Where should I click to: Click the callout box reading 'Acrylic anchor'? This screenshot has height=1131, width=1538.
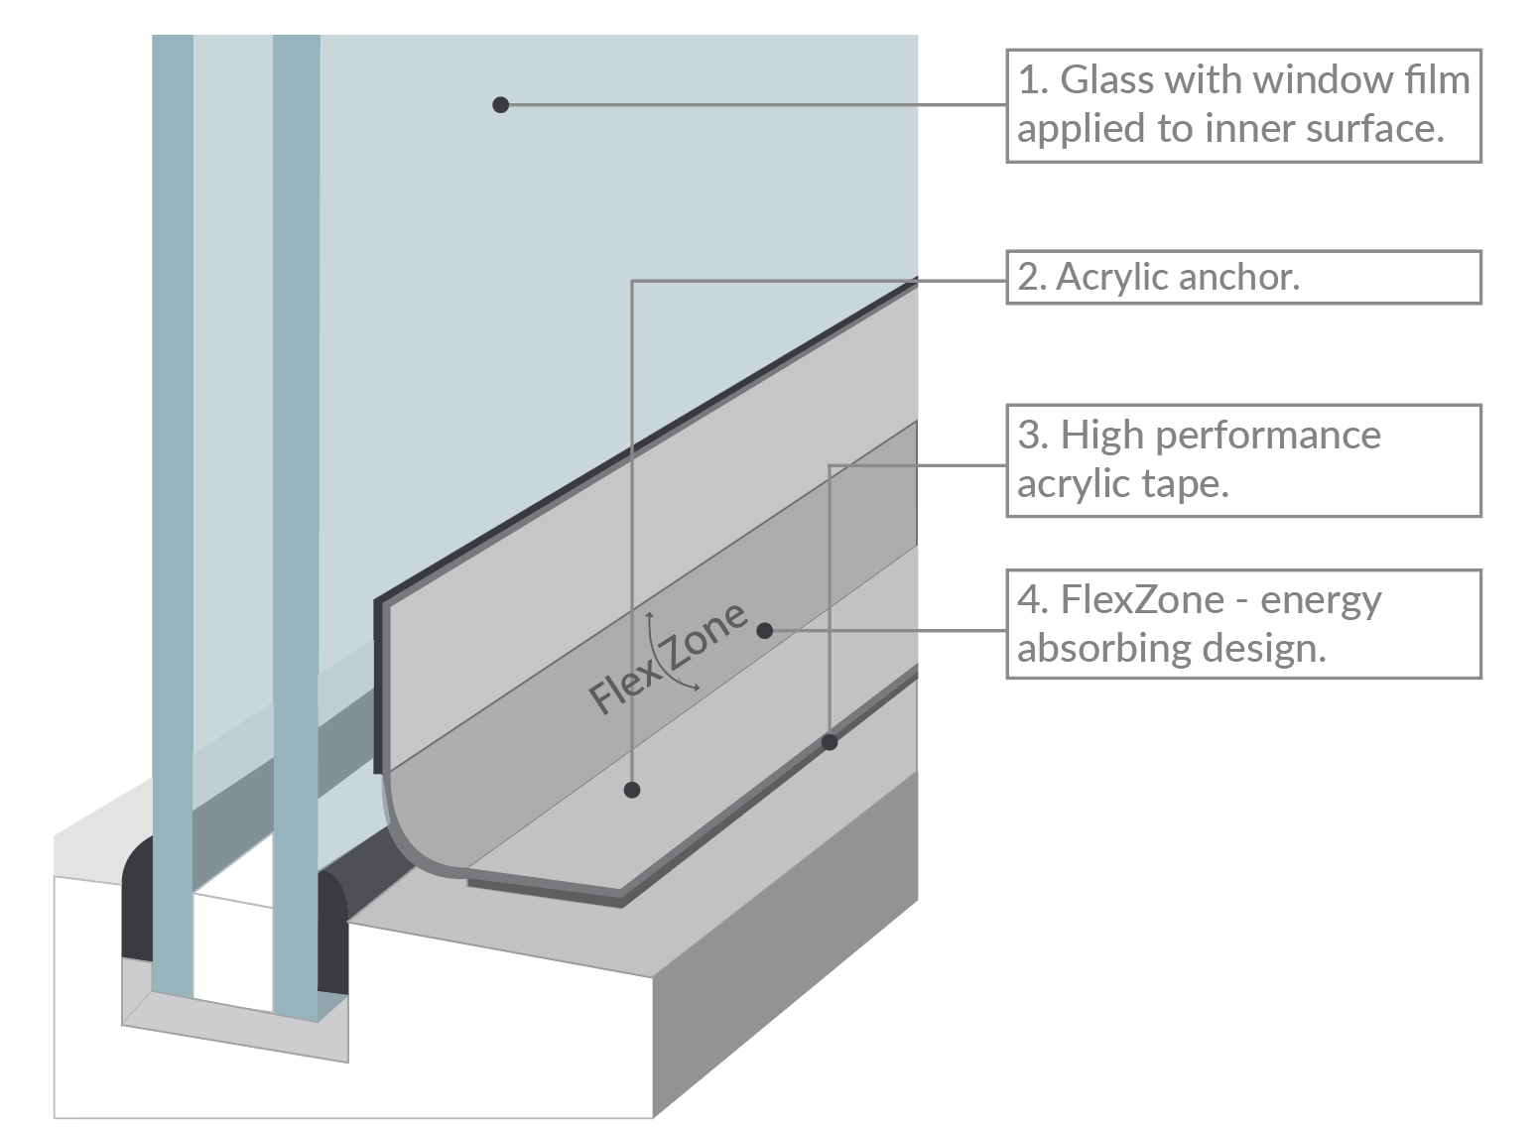click(1243, 277)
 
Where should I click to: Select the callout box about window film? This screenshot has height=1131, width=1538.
click(1243, 105)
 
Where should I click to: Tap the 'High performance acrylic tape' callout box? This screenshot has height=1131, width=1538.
click(1243, 460)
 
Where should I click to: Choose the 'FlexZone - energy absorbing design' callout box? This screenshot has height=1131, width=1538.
click(1243, 624)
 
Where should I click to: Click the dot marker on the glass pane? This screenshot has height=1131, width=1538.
click(501, 104)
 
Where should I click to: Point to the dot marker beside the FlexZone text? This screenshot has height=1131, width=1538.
click(764, 630)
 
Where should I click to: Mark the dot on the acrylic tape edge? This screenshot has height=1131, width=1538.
click(830, 742)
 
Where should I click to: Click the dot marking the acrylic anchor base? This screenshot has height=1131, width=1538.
click(632, 790)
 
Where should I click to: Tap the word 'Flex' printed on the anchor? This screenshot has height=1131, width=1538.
click(623, 685)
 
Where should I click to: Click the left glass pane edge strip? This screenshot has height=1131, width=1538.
click(173, 496)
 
